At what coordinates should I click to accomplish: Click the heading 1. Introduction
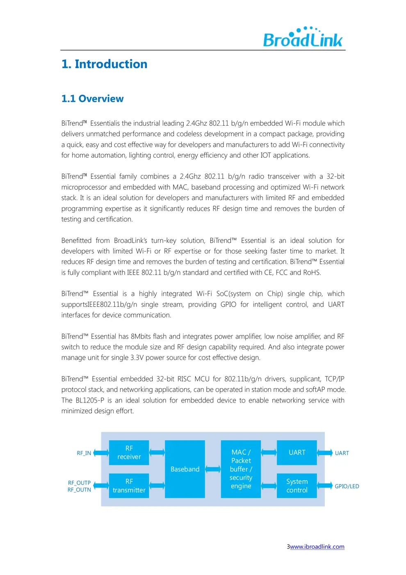pos(104,64)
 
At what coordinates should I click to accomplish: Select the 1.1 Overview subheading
pos(92,99)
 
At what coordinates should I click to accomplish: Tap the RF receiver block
pos(129,453)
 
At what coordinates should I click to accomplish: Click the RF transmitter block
pos(129,485)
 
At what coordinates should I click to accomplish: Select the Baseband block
pos(185,469)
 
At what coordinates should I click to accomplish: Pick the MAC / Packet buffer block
pos(241,469)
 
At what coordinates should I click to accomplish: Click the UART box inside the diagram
pos(297,453)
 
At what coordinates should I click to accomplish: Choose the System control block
pos(297,485)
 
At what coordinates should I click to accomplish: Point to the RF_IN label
pos(84,453)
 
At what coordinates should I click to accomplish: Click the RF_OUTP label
pos(79,483)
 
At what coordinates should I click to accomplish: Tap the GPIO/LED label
pos(347,486)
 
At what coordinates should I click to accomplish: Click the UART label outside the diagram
pos(342,453)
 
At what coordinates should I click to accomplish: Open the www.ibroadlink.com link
pos(317,547)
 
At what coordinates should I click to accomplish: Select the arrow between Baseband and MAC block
pos(213,469)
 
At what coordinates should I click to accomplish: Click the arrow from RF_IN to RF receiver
pos(101,453)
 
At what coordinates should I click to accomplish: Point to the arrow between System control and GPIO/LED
pos(325,486)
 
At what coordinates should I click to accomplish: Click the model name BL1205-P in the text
pos(90,400)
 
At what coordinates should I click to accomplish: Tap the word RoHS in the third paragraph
pos(312,272)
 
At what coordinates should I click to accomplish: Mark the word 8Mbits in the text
pos(141,336)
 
